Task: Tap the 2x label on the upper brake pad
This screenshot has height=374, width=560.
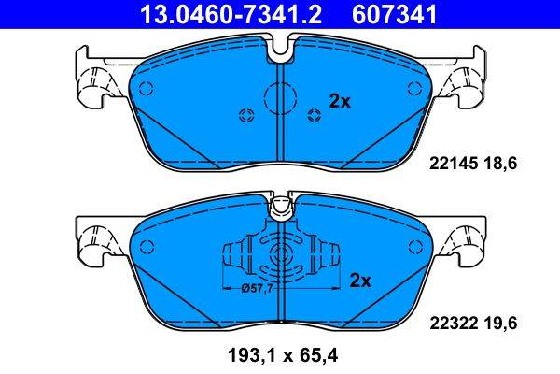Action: tap(339, 102)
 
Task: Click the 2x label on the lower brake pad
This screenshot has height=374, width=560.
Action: tap(360, 280)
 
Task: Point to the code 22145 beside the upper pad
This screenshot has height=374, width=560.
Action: tap(450, 163)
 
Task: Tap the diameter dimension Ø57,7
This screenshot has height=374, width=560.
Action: tap(257, 289)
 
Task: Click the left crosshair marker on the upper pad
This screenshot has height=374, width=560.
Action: tap(247, 115)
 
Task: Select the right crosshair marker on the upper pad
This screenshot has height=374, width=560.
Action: tap(314, 115)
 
